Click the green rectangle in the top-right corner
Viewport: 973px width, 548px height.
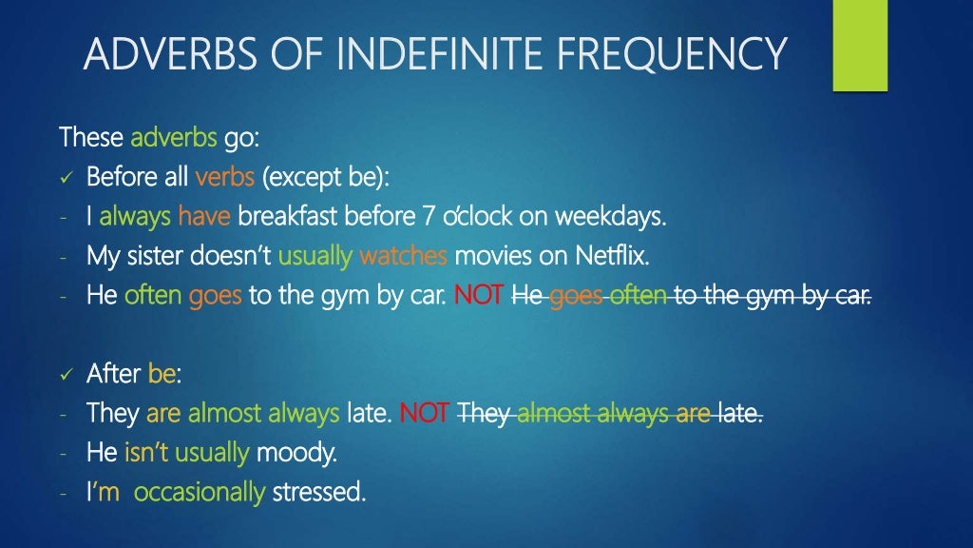[860, 45]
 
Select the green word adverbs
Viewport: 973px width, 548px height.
[174, 138]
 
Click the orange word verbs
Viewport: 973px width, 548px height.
[225, 177]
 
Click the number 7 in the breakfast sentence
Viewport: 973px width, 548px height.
[427, 217]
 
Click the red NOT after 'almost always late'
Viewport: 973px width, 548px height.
[425, 414]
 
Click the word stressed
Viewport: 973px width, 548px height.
[318, 493]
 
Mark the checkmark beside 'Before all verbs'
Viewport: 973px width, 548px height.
[67, 178]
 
